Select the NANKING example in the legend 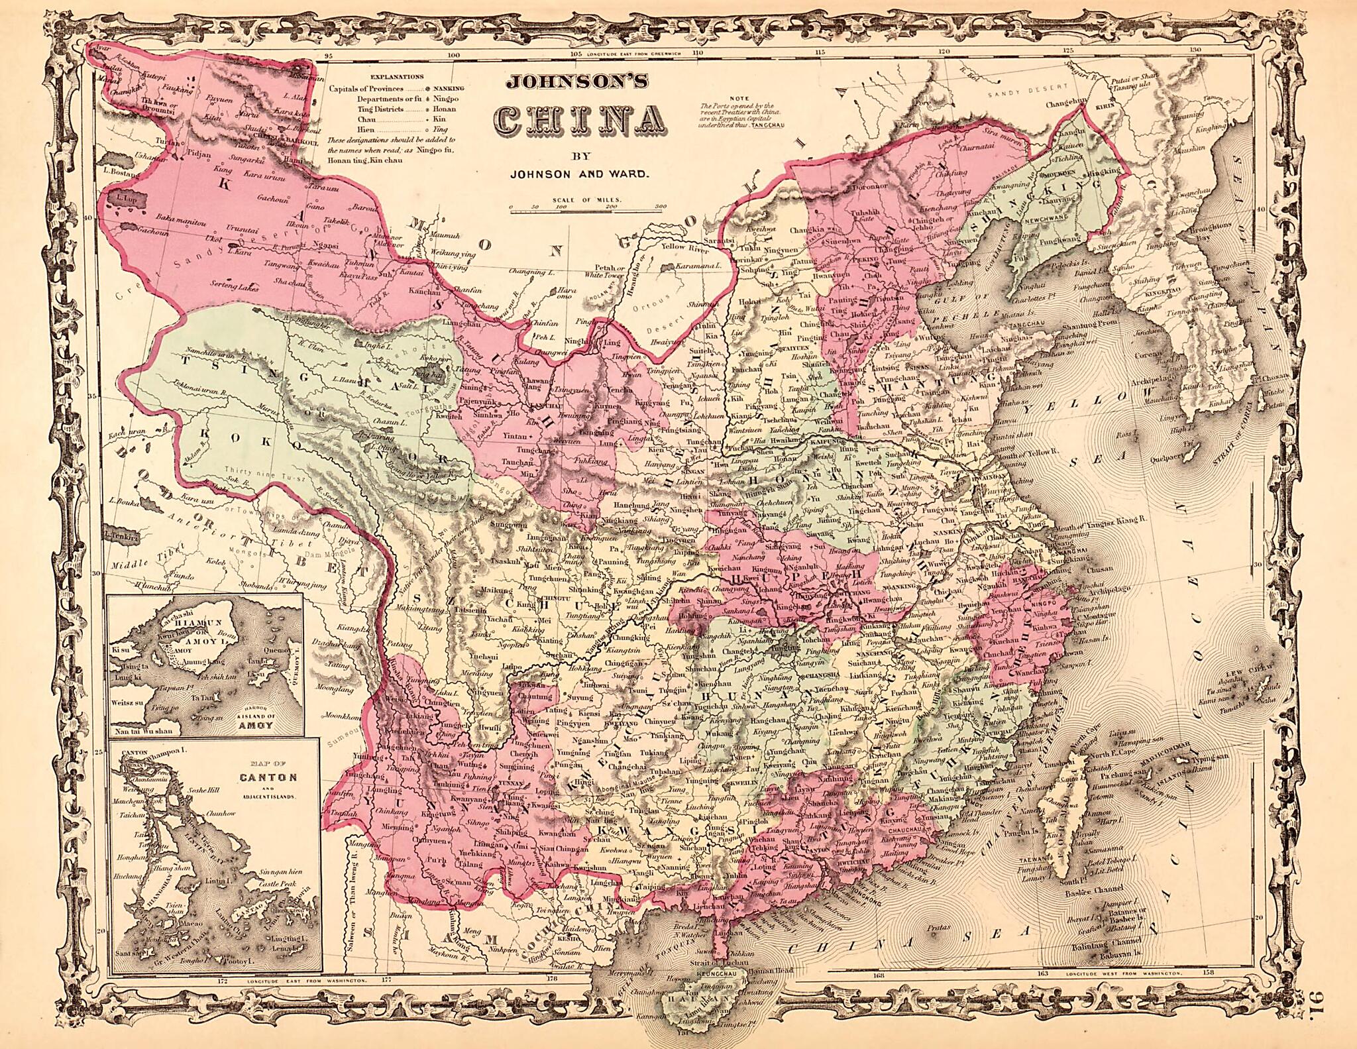449,88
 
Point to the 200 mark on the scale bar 610,207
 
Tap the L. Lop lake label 125,197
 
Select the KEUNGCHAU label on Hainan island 716,974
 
